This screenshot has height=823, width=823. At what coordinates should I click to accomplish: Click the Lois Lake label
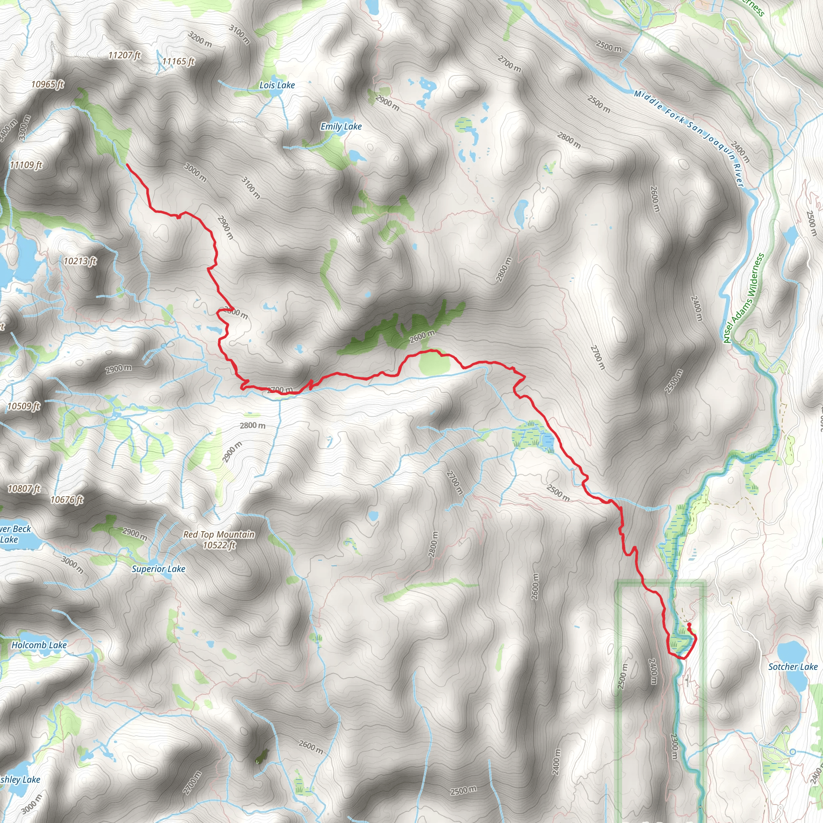pos(277,85)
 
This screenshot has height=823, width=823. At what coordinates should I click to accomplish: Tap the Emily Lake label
pos(341,127)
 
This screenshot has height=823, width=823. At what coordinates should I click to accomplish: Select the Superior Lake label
pos(158,569)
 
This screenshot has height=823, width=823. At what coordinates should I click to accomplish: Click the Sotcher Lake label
pos(793,667)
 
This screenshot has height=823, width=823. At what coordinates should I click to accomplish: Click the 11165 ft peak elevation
pos(178,61)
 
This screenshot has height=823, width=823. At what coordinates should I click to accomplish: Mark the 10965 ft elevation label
pos(47,84)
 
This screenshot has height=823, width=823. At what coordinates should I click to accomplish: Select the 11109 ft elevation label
pos(26,165)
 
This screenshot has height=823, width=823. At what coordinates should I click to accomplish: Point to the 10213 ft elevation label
pos(80,261)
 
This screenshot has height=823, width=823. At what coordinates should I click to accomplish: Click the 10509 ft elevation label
pos(23,406)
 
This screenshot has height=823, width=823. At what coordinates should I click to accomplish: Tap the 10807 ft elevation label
pos(24,489)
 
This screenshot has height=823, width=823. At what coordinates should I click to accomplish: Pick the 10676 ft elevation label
pos(67,499)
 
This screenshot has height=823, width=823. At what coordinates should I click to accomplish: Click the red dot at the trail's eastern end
pos(689,624)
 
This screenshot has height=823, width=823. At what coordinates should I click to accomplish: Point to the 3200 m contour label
pos(200,40)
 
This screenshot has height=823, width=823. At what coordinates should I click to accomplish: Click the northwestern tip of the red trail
pos(127,164)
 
